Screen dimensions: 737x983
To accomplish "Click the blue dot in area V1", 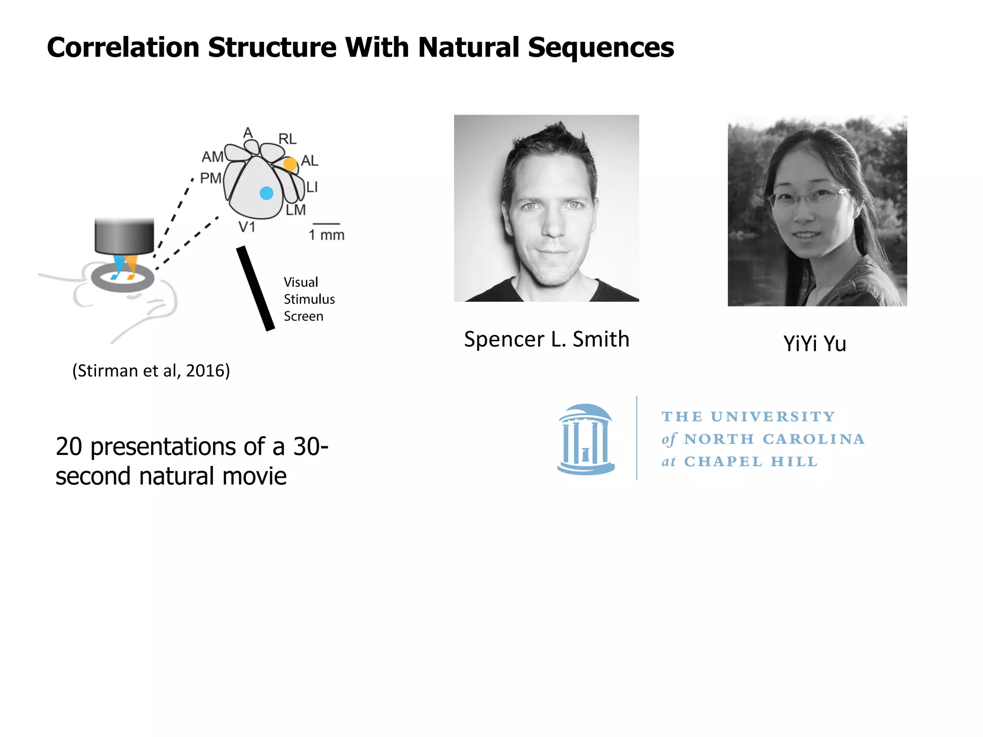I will pos(266,193).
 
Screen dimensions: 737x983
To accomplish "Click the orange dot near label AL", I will pos(290,164).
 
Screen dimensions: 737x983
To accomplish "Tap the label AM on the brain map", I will pos(212,157).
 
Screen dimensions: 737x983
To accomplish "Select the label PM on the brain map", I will pos(211,178).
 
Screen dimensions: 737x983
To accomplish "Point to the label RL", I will pos(288,139).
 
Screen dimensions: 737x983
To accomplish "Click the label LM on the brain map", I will pos(296,210).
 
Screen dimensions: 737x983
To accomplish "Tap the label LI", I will pos(312,187).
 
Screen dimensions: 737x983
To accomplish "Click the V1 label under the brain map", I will pos(247,227).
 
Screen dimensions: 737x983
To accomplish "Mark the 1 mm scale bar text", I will pos(326,235).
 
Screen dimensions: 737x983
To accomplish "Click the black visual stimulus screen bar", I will pos(255,288).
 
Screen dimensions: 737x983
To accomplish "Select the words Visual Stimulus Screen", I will pos(309,299).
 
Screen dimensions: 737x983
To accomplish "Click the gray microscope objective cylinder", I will pos(124,236).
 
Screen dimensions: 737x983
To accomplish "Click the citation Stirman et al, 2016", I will pos(151,371).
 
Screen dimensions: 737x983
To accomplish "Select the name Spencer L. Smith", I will pos(546,339).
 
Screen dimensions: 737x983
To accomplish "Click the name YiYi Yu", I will pos(815,344).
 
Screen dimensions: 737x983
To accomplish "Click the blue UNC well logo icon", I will pos(586,440).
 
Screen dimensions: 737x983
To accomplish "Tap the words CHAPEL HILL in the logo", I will pos(751,462).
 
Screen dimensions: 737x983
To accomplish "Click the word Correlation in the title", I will pos(123,48).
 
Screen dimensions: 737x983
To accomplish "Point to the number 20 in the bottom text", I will pos(69,447).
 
